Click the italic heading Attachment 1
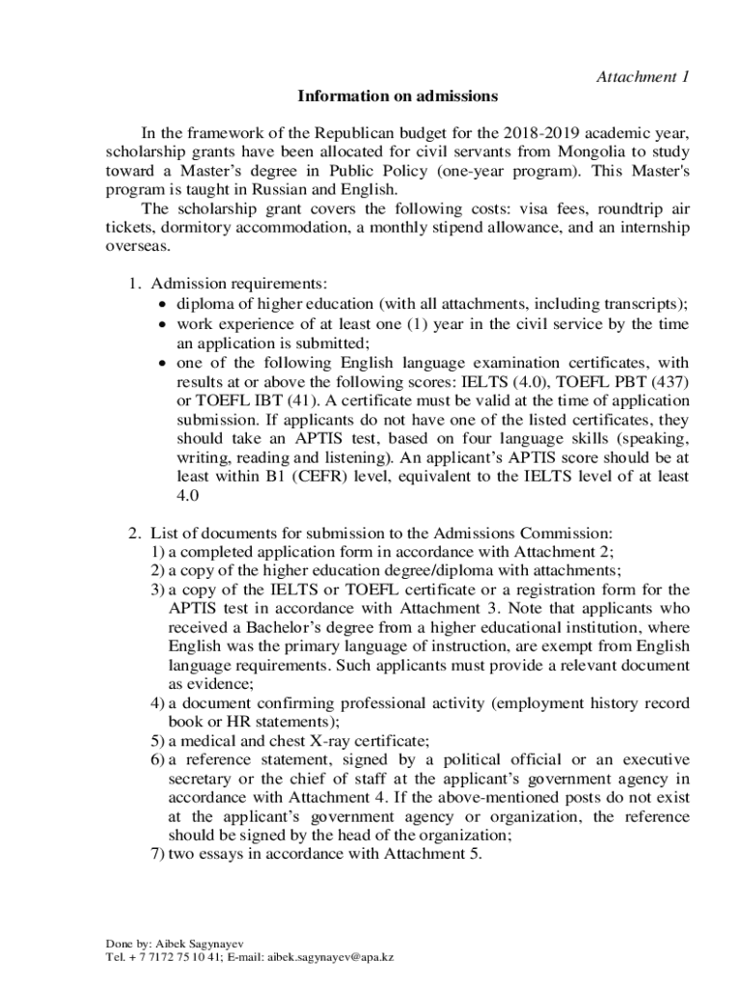click(x=642, y=77)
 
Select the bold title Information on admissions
click(x=398, y=96)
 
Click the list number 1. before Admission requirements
click(x=135, y=284)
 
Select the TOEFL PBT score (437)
click(x=669, y=380)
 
